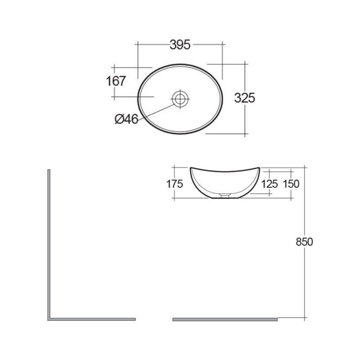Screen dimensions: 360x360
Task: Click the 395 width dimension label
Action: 180,44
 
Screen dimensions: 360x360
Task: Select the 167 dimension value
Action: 116,81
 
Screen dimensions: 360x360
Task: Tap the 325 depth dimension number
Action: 245,98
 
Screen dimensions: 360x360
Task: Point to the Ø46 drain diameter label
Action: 126,119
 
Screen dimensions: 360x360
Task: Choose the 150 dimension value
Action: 292,184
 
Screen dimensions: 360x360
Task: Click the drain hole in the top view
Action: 180,98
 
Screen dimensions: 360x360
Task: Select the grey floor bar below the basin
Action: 225,319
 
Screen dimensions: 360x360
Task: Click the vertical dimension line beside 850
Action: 306,279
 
